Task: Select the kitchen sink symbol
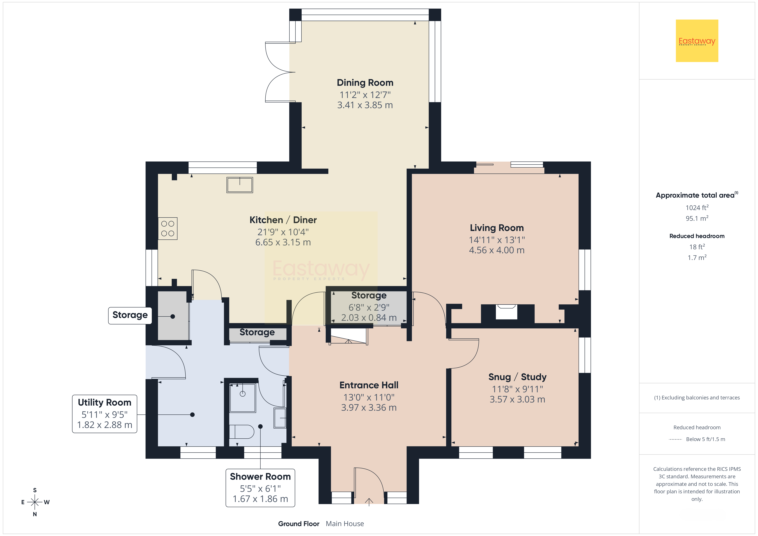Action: pyautogui.click(x=240, y=185)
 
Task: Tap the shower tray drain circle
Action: pyautogui.click(x=243, y=394)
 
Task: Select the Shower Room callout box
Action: pyautogui.click(x=260, y=488)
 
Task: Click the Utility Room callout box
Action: pyautogui.click(x=105, y=414)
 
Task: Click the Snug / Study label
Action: pyautogui.click(x=517, y=377)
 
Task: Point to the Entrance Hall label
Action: pyautogui.click(x=369, y=385)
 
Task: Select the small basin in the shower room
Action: pyautogui.click(x=280, y=418)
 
